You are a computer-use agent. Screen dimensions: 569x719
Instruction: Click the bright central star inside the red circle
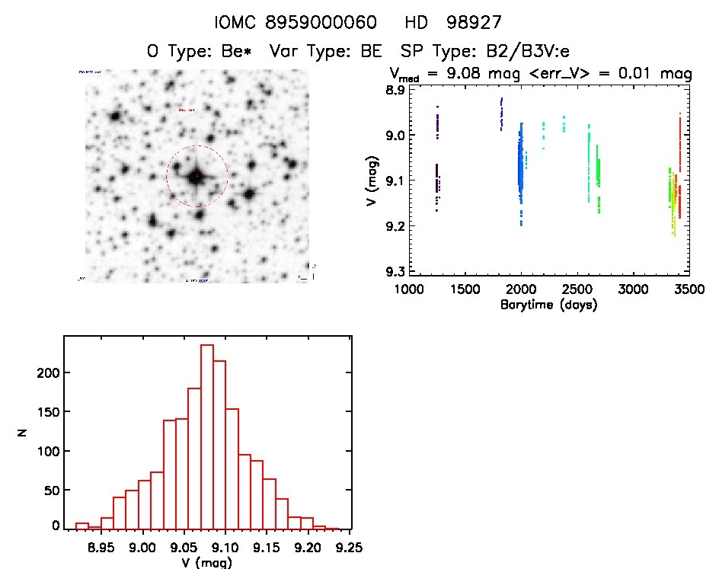pyautogui.click(x=197, y=177)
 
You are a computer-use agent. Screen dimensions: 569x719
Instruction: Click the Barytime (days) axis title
pyautogui.click(x=548, y=305)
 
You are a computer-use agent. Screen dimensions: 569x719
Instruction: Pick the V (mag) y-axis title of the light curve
pyautogui.click(x=371, y=181)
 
